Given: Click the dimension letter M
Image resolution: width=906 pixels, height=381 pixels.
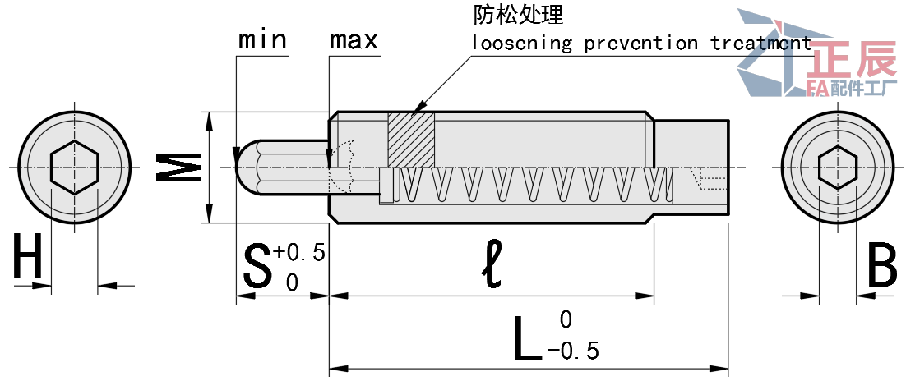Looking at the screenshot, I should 179,168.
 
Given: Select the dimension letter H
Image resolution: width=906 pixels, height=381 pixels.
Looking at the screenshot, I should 28,258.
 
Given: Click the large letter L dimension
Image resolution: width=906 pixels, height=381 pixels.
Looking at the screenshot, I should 526,337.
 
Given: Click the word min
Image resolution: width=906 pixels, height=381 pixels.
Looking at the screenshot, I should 262,39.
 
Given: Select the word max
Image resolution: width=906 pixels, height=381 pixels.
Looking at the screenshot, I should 354,39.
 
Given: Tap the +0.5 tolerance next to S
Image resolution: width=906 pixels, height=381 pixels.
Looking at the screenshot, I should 300,251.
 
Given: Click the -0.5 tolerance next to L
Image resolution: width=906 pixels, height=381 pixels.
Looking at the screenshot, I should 573,351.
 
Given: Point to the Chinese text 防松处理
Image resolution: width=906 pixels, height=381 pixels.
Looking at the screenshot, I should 518,15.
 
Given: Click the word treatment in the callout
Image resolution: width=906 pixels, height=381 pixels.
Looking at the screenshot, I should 760,43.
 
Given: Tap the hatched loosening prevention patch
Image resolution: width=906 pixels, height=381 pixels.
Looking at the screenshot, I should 410,139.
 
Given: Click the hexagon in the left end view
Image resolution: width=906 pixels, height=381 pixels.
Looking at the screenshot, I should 74,167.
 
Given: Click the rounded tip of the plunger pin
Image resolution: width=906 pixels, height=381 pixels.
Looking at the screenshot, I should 245,167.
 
